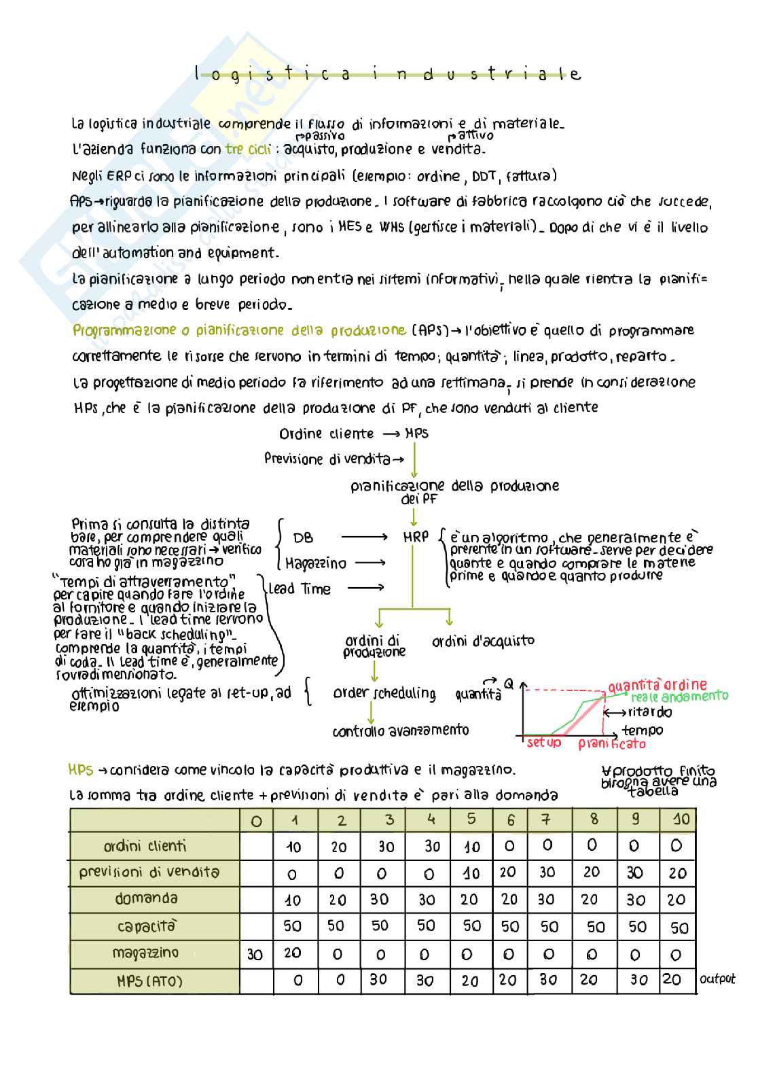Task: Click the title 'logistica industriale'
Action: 387,74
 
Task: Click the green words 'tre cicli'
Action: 248,149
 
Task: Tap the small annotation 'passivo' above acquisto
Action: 318,136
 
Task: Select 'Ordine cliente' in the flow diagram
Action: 326,434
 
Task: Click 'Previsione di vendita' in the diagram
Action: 327,459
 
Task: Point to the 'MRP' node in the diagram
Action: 416,537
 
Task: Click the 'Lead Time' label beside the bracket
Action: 300,589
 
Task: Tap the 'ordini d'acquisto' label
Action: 483,641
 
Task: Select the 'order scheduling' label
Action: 384,693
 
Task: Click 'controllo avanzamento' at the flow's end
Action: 401,731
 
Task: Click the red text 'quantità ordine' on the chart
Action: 657,685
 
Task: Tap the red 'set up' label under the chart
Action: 544,743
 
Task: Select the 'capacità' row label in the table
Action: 146,926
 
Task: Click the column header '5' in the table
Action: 471,819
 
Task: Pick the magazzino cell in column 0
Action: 255,955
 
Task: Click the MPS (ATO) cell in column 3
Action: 378,980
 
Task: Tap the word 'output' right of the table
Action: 717,979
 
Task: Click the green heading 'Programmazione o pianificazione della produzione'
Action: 239,331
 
